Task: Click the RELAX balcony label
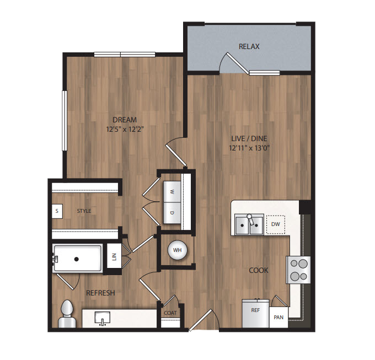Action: coord(249,46)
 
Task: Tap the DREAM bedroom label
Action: coord(125,120)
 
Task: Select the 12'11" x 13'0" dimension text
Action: coord(249,148)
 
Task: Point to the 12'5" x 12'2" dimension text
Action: coord(125,130)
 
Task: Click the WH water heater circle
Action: coord(177,250)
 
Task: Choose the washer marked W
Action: coord(172,192)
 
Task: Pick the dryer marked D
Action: coord(172,213)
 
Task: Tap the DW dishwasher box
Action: coord(276,224)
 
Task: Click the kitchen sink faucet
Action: coord(250,219)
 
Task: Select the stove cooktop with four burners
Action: coord(298,270)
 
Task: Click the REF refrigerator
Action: coord(255,313)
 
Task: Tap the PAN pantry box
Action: coord(278,318)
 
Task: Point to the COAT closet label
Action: coord(170,313)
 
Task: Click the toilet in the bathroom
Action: coord(67,314)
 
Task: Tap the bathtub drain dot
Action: coord(77,259)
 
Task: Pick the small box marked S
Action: coord(57,211)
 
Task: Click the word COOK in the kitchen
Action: coord(259,270)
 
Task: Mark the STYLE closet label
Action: coord(84,211)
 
